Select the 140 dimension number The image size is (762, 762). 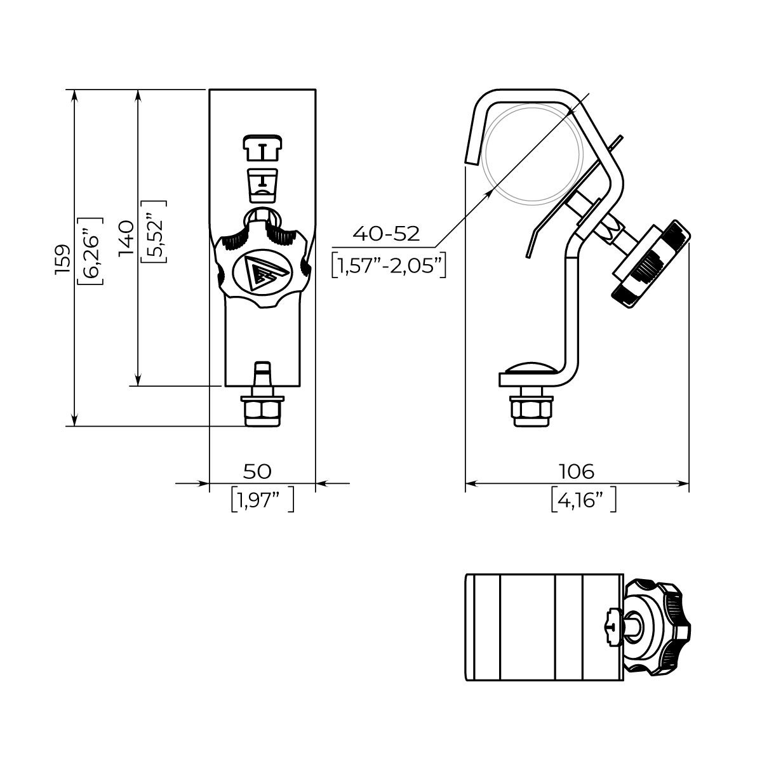coord(126,237)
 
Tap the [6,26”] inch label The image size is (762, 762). coord(91,251)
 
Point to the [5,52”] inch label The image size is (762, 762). coord(154,232)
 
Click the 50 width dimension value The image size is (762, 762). coord(257,471)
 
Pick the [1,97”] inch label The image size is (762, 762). coord(262,500)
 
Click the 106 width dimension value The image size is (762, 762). coord(577,471)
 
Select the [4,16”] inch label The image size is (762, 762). coord(584,500)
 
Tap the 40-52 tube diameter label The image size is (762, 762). coord(386,234)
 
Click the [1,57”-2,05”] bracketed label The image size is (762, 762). coord(389,265)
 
